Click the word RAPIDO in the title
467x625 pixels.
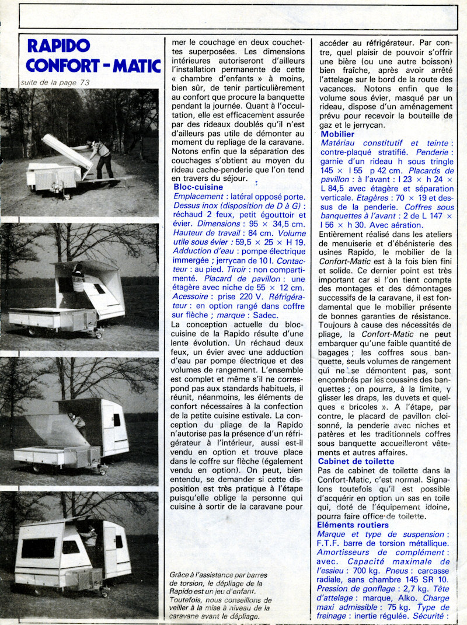pos(59,46)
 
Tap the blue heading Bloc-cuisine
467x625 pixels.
pos(198,187)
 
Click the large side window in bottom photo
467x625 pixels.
pos(39,548)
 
